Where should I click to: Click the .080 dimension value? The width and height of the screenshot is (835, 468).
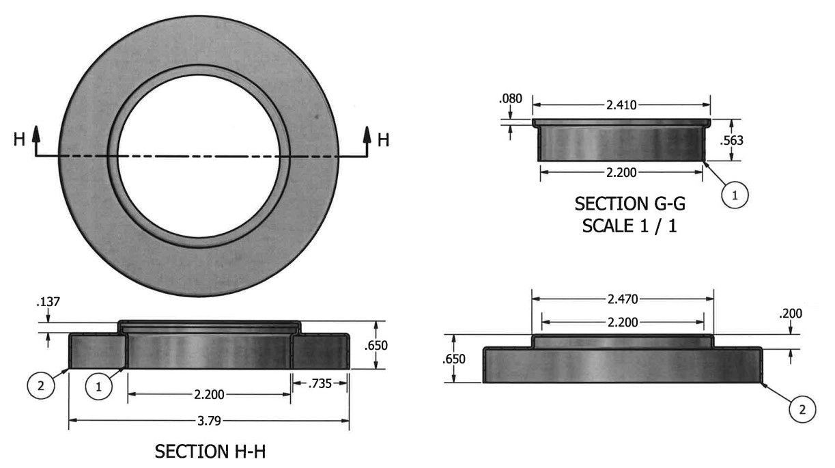point(510,99)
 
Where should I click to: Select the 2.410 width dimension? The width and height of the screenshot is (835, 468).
point(621,105)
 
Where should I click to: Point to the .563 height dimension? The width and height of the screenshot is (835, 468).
point(731,141)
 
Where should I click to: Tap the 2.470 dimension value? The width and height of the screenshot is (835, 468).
point(623,299)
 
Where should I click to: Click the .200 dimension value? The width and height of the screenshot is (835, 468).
point(791,314)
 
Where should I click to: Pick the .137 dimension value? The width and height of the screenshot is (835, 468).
point(48,302)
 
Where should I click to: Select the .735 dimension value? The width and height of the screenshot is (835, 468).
point(320,383)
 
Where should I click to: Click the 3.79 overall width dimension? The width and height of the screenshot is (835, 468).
point(209,421)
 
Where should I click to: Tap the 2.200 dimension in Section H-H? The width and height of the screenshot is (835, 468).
point(209,394)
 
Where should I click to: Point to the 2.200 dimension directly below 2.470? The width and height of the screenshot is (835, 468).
point(623,322)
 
